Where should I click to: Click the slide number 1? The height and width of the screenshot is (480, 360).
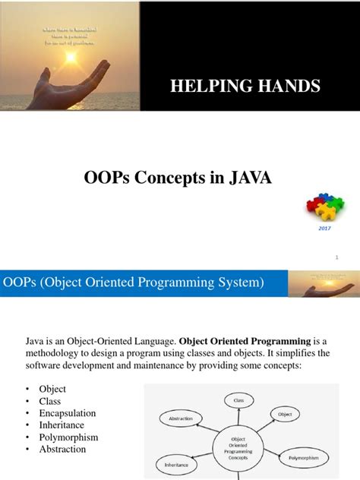click(336, 257)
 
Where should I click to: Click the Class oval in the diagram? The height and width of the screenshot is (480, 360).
click(238, 399)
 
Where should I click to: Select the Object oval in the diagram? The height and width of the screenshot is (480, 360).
click(285, 415)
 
